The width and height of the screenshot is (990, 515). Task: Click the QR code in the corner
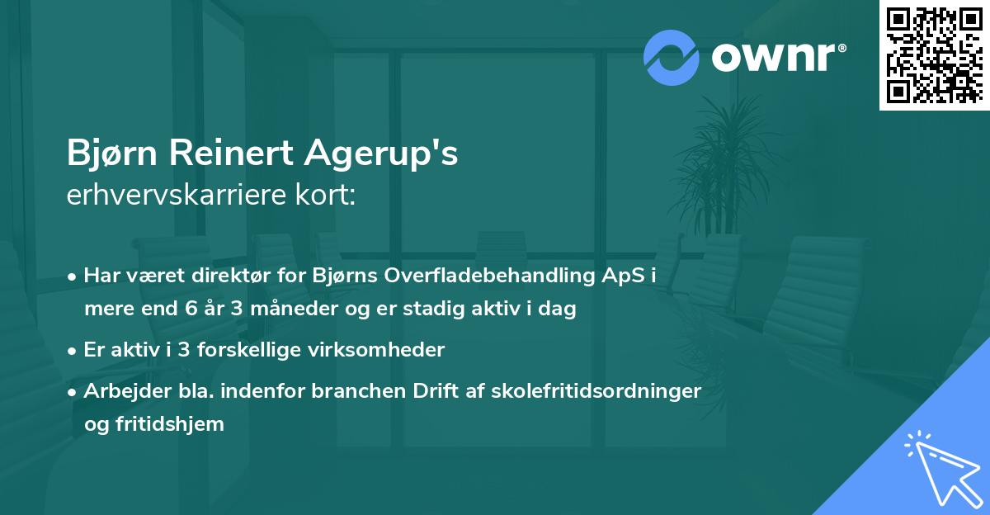pos(934,55)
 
